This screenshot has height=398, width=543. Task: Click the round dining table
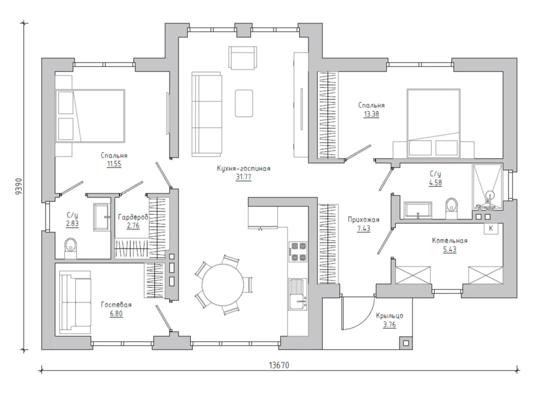point(223,285)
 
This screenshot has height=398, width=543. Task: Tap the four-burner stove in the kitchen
point(298,252)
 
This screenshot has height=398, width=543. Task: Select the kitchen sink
point(298,294)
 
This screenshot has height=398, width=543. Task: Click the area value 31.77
point(244,177)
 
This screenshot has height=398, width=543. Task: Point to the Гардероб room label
point(133,217)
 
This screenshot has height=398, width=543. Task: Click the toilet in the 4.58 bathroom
point(451,208)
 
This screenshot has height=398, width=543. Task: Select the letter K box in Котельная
point(491,228)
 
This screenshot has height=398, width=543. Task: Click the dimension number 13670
point(279,365)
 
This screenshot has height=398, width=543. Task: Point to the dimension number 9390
point(19,186)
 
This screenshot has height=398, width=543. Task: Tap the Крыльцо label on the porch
point(390,315)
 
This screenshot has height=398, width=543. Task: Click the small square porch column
point(406,343)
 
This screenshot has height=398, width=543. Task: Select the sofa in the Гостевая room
point(75,302)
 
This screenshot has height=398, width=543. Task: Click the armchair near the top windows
point(243,58)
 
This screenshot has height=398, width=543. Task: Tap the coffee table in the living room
point(244,103)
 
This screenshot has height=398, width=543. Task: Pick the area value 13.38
point(371,114)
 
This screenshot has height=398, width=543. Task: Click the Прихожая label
point(363,220)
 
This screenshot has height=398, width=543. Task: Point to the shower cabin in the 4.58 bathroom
point(487,186)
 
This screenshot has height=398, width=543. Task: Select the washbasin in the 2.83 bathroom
point(102,217)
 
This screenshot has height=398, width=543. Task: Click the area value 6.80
point(116,313)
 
